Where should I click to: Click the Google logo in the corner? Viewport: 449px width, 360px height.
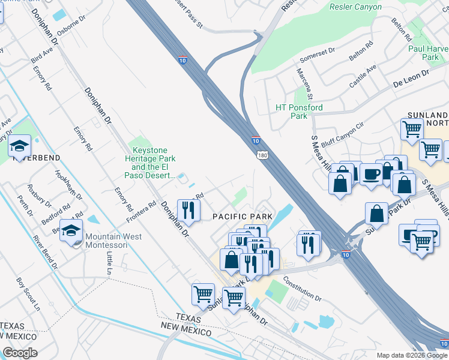[x=19, y=353]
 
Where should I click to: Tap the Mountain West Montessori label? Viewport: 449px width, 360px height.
[x=113, y=241]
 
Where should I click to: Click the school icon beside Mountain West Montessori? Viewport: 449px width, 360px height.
[x=71, y=232]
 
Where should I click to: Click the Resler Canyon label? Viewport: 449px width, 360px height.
[x=355, y=7]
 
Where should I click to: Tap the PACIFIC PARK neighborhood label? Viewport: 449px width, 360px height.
[x=242, y=215]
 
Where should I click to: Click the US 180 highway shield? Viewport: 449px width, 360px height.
[x=264, y=155]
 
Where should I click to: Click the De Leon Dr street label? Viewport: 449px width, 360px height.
[x=411, y=78]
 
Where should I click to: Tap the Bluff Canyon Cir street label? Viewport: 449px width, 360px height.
[x=343, y=134]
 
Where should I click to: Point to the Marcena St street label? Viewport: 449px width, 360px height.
[x=304, y=83]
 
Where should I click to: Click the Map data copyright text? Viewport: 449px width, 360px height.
[x=412, y=355]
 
